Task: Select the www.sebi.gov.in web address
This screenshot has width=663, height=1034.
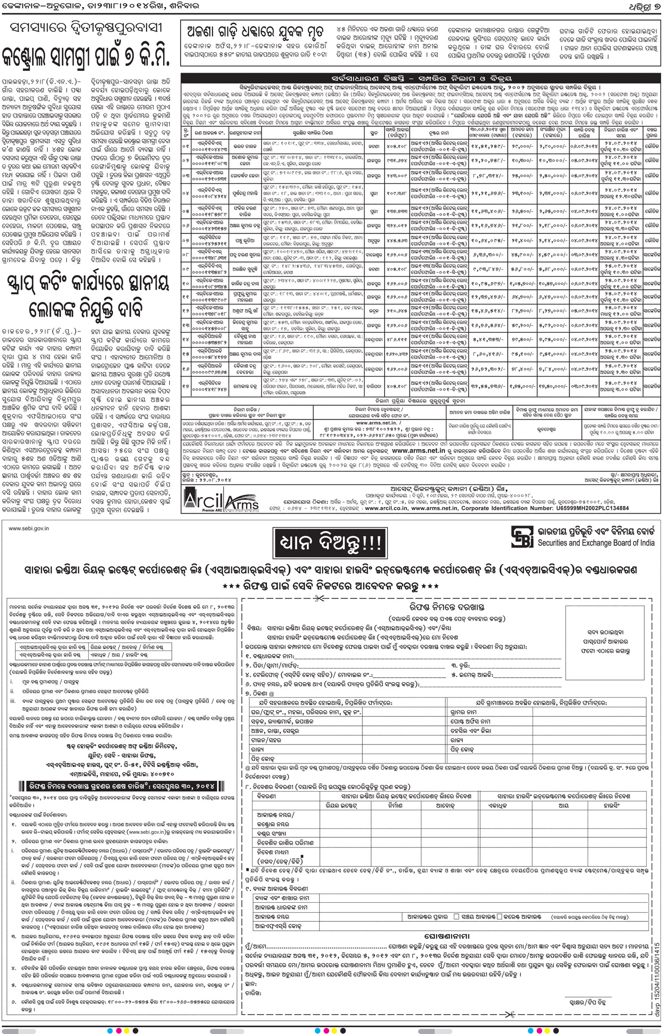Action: [29, 528]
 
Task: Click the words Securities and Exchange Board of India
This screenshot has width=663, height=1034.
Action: [596, 543]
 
